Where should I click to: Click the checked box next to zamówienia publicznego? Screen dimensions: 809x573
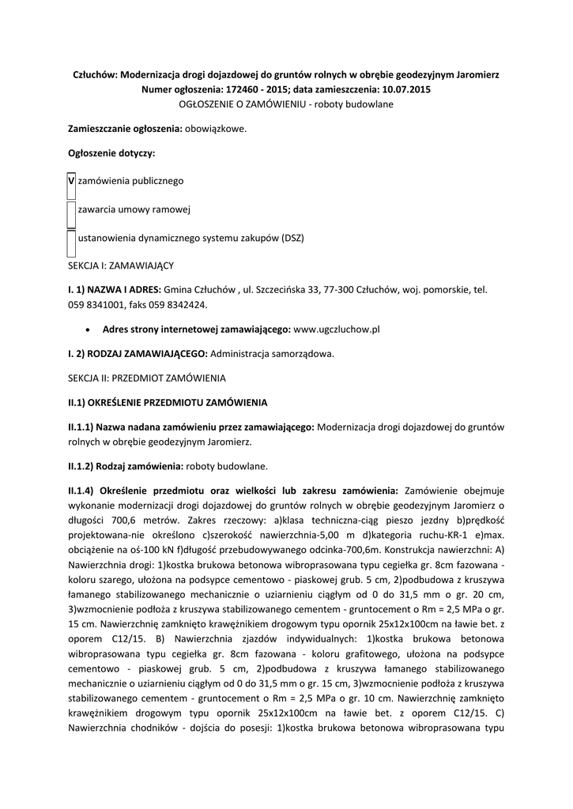click(x=72, y=182)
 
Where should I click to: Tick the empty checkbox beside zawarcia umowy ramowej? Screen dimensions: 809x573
click(x=72, y=212)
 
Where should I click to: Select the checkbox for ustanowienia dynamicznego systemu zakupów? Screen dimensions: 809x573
click(x=72, y=239)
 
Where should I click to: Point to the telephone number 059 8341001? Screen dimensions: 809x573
click(x=96, y=304)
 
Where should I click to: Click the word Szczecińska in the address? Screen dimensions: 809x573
click(x=281, y=290)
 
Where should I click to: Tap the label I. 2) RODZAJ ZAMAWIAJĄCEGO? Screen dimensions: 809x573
click(x=137, y=353)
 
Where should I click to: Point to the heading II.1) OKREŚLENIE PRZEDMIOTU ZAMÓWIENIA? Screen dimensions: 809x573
click(x=168, y=402)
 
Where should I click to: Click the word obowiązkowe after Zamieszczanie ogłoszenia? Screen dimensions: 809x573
click(x=216, y=128)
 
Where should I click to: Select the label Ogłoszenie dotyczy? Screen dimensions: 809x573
click(x=111, y=152)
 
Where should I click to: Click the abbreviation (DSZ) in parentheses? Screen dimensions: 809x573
click(x=288, y=238)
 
